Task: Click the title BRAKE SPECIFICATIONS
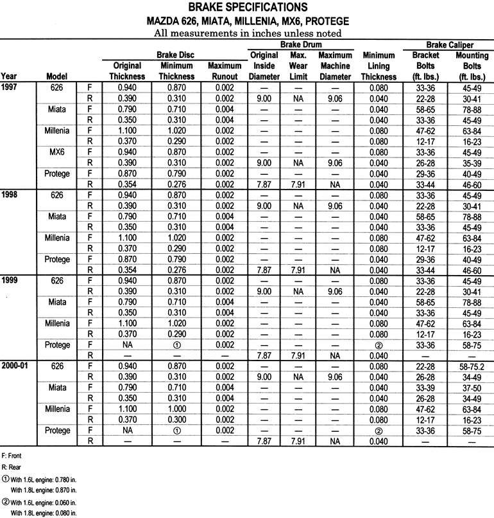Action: coord(247,8)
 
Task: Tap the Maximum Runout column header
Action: coord(225,71)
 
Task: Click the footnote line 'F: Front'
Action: coord(13,456)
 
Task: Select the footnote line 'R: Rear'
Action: coord(12,467)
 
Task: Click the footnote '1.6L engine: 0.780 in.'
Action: coord(43,479)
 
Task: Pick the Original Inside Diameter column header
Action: coord(264,66)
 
